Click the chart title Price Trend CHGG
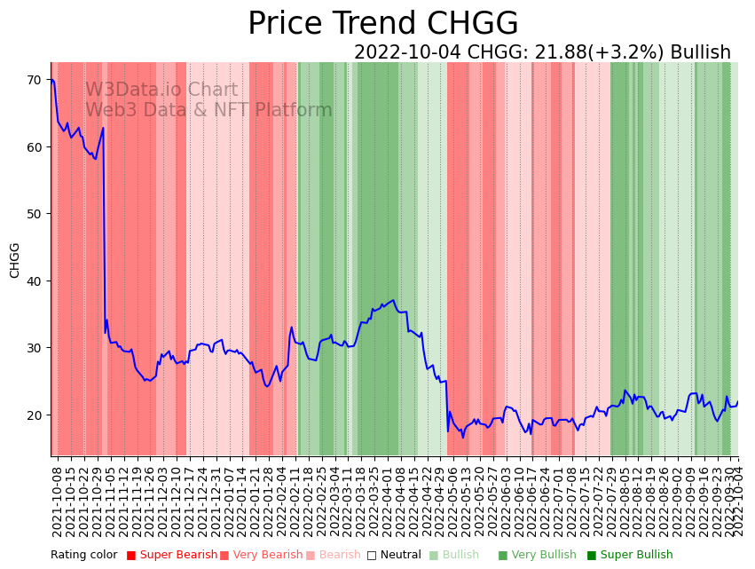click(x=382, y=24)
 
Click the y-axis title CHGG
click(x=15, y=260)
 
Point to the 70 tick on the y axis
click(x=35, y=80)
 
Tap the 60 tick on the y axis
click(x=35, y=146)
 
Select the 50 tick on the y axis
click(x=35, y=214)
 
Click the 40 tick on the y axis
click(x=35, y=281)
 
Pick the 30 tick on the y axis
click(x=35, y=348)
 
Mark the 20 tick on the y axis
click(x=35, y=415)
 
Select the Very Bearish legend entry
click(x=267, y=555)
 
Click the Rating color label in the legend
click(x=83, y=555)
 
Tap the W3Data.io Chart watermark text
click(x=161, y=91)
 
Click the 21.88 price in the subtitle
click(x=562, y=53)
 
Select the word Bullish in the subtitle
click(x=700, y=53)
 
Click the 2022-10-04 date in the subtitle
click(x=407, y=53)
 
